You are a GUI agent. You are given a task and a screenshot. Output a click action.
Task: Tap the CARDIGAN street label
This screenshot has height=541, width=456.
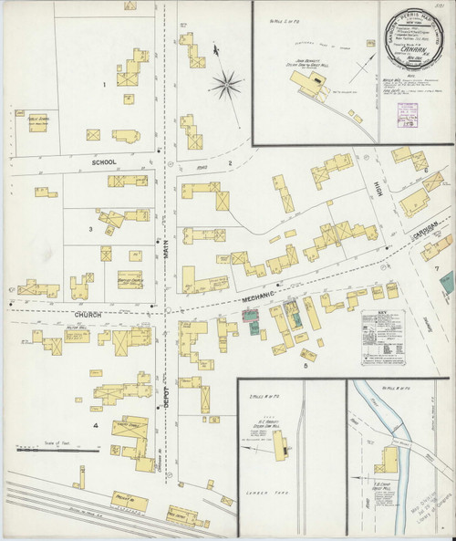click(x=426, y=225)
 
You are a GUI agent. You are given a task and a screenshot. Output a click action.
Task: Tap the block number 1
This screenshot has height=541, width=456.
click(x=105, y=85)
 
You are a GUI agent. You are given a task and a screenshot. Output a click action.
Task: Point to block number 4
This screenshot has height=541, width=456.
click(x=94, y=424)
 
